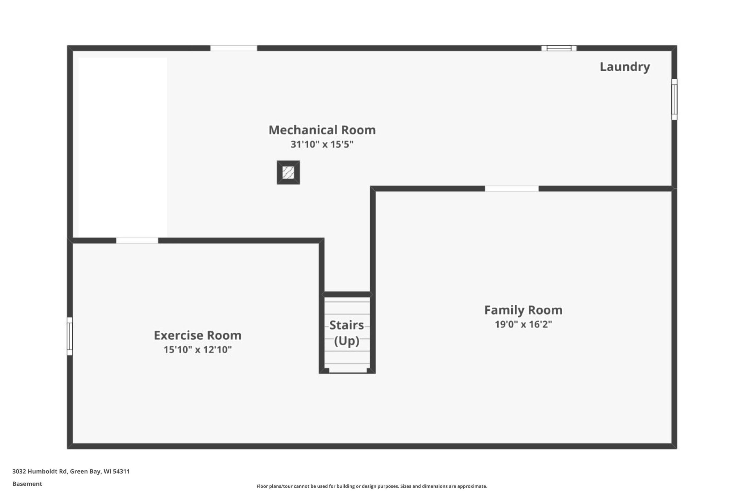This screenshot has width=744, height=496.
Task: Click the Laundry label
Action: click(625, 67)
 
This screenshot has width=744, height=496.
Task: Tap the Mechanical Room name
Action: click(322, 130)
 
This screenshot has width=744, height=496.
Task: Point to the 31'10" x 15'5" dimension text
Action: click(322, 144)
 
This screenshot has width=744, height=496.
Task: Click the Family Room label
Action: click(523, 310)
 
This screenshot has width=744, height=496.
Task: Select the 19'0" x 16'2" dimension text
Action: click(523, 324)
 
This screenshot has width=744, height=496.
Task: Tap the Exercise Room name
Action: click(197, 335)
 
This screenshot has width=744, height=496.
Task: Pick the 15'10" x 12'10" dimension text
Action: click(197, 350)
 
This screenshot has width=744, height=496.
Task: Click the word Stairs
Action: click(346, 325)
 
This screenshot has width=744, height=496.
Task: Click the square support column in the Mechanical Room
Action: click(288, 172)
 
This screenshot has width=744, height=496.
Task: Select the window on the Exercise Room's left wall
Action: click(69, 336)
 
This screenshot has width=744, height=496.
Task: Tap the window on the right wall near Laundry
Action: click(674, 99)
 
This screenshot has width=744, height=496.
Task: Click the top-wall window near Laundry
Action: click(559, 48)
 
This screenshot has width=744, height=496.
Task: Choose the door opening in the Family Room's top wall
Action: click(512, 189)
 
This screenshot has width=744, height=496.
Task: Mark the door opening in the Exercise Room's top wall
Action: click(137, 241)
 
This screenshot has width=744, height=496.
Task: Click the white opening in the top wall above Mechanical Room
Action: click(233, 48)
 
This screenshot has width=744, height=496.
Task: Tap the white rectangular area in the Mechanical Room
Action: click(122, 147)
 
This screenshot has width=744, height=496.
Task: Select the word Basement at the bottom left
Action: click(27, 484)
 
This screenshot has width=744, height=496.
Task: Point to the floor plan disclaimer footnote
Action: click(372, 486)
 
